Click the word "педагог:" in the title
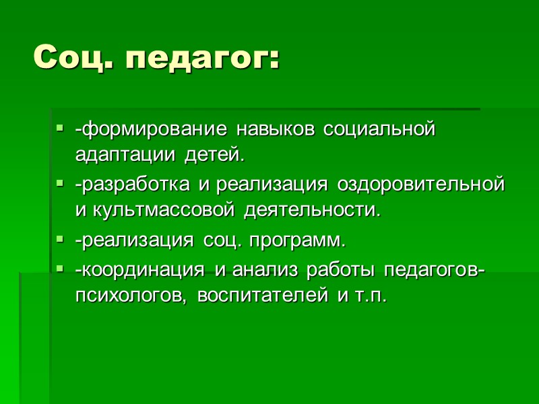pyautogui.click(x=202, y=59)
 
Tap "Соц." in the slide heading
pyautogui.click(x=75, y=59)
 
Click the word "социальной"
pyautogui.click(x=381, y=129)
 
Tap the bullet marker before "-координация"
pyautogui.click(x=60, y=267)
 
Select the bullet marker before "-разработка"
pyautogui.click(x=60, y=182)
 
